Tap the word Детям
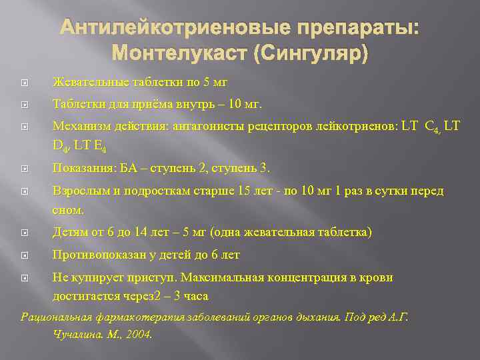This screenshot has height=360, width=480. click(x=69, y=233)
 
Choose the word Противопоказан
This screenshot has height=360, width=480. click(x=95, y=255)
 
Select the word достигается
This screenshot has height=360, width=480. click(x=83, y=295)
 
